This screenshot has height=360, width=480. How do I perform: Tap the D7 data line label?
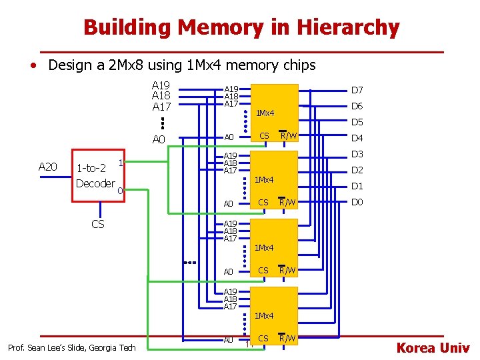(357, 90)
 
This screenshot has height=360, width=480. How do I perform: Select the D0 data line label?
(357, 202)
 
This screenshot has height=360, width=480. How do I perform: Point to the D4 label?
(357, 138)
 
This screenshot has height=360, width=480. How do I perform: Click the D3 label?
(357, 155)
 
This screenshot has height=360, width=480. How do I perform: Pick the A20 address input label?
(48, 167)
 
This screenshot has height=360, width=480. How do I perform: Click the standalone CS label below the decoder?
(97, 224)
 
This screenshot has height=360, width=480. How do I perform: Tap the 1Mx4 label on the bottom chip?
(264, 315)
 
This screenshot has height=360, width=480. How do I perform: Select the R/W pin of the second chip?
(287, 202)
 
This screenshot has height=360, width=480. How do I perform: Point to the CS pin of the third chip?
(263, 270)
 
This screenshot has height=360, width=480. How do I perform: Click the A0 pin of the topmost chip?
(229, 137)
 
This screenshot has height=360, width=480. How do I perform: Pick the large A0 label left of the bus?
(159, 139)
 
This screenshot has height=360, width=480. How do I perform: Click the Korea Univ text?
(433, 347)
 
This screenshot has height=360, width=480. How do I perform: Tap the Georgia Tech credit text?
(71, 347)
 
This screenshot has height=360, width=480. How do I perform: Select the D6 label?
(357, 106)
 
